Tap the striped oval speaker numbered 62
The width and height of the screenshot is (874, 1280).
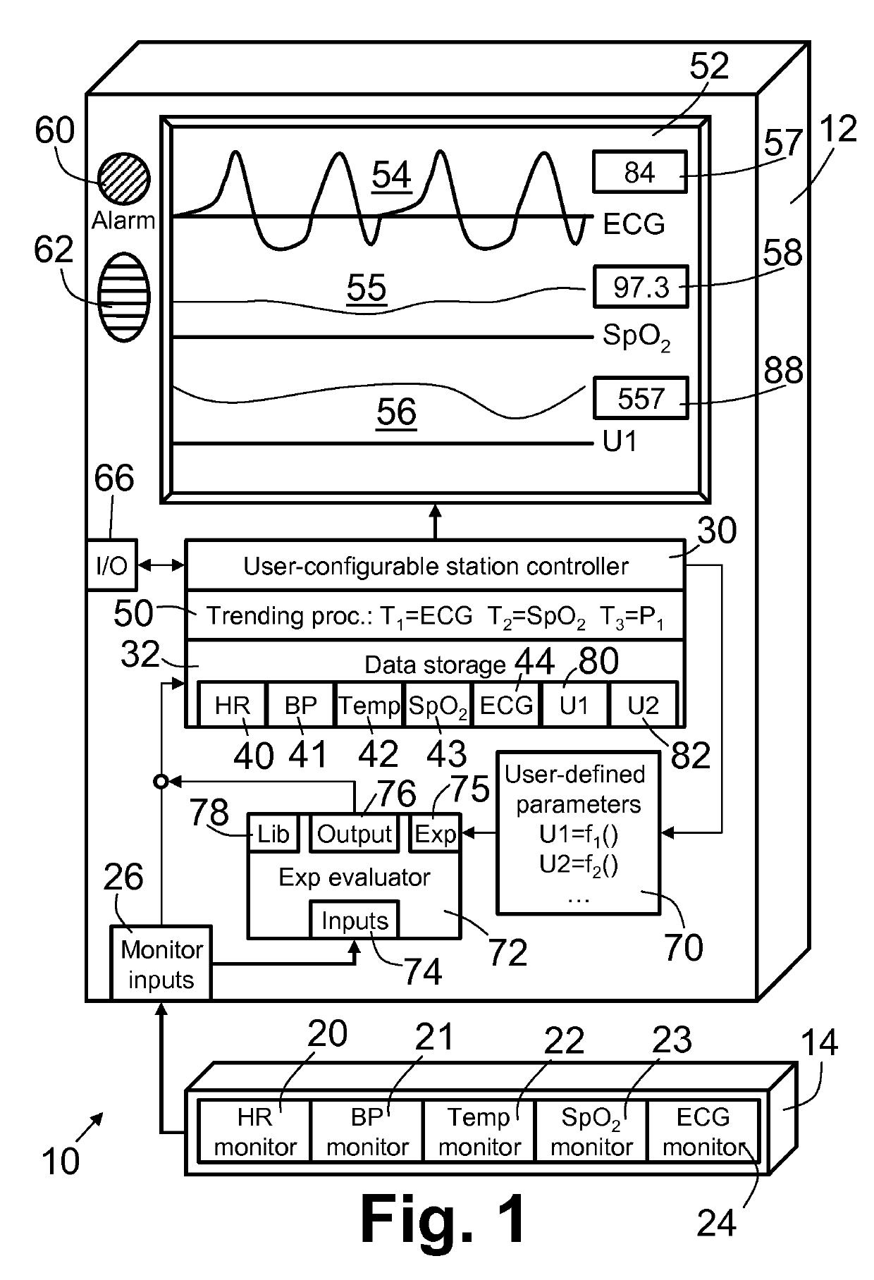click(x=123, y=297)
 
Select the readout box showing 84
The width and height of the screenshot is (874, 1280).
click(x=639, y=172)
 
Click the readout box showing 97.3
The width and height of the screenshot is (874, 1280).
click(x=641, y=287)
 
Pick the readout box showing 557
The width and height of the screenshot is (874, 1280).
click(x=641, y=398)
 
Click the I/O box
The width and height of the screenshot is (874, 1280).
click(x=112, y=565)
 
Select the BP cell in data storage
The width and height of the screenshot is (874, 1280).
click(x=301, y=704)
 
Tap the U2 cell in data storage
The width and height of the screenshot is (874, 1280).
click(x=643, y=704)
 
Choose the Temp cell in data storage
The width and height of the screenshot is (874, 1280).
click(x=369, y=704)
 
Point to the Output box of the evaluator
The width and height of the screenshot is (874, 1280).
click(x=354, y=834)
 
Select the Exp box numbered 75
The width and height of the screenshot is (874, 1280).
click(x=435, y=834)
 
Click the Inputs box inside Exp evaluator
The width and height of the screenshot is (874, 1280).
click(x=355, y=920)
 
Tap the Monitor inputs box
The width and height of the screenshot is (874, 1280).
click(x=161, y=964)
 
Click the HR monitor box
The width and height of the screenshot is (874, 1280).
click(x=254, y=1132)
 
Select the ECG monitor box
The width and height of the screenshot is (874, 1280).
click(x=703, y=1132)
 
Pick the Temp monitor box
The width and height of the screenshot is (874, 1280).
click(x=479, y=1132)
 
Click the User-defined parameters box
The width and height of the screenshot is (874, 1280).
click(x=578, y=833)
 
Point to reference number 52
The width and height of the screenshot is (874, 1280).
click(x=709, y=66)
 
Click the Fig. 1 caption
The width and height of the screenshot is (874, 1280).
click(x=443, y=1220)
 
